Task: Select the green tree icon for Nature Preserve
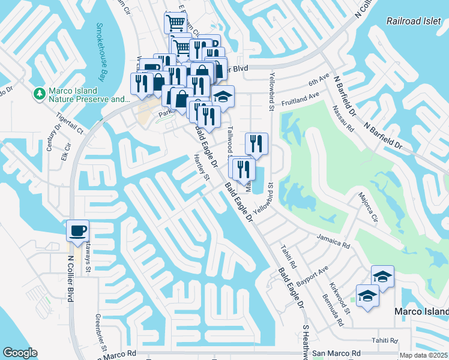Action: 40,94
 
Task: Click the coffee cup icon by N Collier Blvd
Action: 77,230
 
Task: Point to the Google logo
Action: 19,353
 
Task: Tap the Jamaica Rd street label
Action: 333,242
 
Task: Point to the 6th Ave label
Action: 319,79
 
